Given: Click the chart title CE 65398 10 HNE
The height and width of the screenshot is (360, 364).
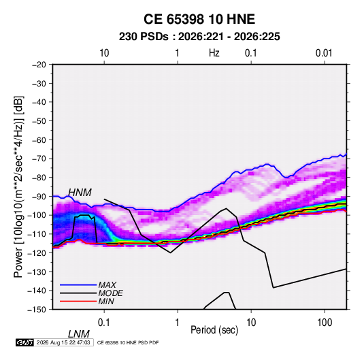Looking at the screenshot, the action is pos(199,19).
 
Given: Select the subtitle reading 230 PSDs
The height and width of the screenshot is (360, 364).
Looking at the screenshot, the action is pos(144,37).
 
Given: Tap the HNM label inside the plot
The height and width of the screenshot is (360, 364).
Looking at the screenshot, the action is pos(80,193).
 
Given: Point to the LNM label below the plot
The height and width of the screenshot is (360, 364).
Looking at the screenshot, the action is pos(78,334).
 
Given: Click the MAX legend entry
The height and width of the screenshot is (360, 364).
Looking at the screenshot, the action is pos(107,284).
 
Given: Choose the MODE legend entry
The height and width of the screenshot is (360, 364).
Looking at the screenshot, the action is pos(110,293).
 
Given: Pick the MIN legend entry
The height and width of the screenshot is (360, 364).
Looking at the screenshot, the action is pos(106,301).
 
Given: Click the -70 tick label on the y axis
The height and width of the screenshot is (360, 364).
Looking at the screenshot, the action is pos(39,159).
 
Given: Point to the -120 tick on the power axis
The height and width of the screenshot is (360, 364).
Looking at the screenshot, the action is pos(37,253).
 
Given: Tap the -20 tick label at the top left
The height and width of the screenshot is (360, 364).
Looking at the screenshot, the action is pos(39,65).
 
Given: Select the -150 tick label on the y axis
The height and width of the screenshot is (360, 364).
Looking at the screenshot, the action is pos(37,310).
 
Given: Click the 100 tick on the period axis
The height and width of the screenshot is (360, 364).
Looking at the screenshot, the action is pos(325,323).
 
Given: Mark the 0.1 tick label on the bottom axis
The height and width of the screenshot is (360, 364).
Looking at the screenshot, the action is pos(104,323).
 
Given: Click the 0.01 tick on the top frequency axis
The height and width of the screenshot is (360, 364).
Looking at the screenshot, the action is pos(324,53).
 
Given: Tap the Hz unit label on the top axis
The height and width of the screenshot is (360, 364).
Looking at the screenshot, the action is pos(214,53).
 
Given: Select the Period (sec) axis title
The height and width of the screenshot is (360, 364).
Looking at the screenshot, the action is pos(214,330).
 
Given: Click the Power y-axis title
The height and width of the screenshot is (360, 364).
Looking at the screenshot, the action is pos(18,187).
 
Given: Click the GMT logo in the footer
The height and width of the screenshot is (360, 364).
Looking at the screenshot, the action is pos(24,342).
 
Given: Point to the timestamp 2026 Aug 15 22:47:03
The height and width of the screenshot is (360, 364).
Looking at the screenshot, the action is pos(63,342).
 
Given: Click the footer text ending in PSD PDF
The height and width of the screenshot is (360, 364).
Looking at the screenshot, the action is pos(128,342).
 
